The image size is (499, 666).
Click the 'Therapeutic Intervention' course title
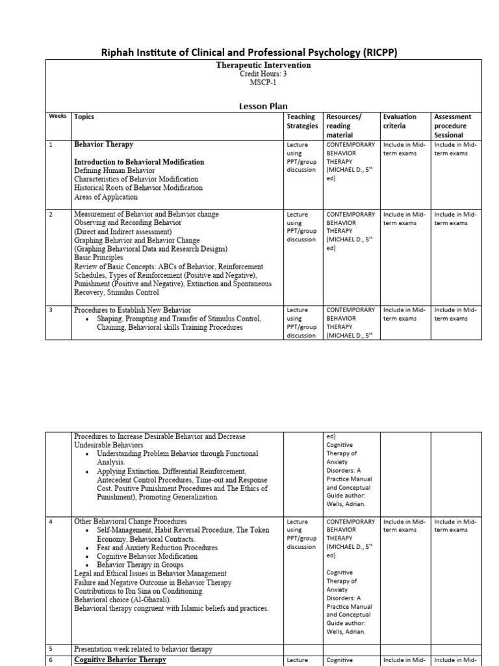click(263, 66)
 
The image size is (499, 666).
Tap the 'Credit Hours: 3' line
click(263, 74)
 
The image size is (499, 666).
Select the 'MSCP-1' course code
click(263, 83)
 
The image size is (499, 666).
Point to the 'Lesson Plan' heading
click(263, 106)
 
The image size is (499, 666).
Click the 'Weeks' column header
click(58, 116)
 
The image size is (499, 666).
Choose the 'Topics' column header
click(84, 117)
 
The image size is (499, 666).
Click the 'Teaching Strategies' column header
click(303, 121)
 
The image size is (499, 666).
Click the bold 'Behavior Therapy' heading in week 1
click(103, 144)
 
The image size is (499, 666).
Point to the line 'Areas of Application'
click(106, 197)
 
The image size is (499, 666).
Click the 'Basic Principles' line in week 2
click(98, 258)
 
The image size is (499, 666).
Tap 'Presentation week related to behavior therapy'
click(142, 648)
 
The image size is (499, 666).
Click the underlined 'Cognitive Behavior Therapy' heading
click(120, 659)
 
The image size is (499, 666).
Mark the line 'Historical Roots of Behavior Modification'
click(138, 188)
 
